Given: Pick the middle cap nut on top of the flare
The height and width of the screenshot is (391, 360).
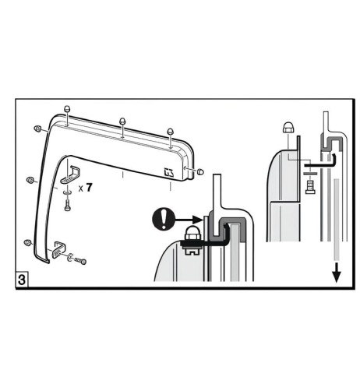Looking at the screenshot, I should [122, 122].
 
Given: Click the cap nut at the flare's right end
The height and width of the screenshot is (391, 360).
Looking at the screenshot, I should [200, 171].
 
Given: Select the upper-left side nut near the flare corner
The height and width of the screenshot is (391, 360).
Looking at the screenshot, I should [37, 128].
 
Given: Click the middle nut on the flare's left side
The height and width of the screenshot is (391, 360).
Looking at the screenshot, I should [29, 181].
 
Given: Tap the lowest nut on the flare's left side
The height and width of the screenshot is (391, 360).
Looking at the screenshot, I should [28, 241].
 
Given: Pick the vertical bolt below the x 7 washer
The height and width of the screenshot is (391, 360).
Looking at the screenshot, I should [67, 206].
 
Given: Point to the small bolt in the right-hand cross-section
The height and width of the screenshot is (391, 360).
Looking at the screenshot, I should [309, 187].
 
